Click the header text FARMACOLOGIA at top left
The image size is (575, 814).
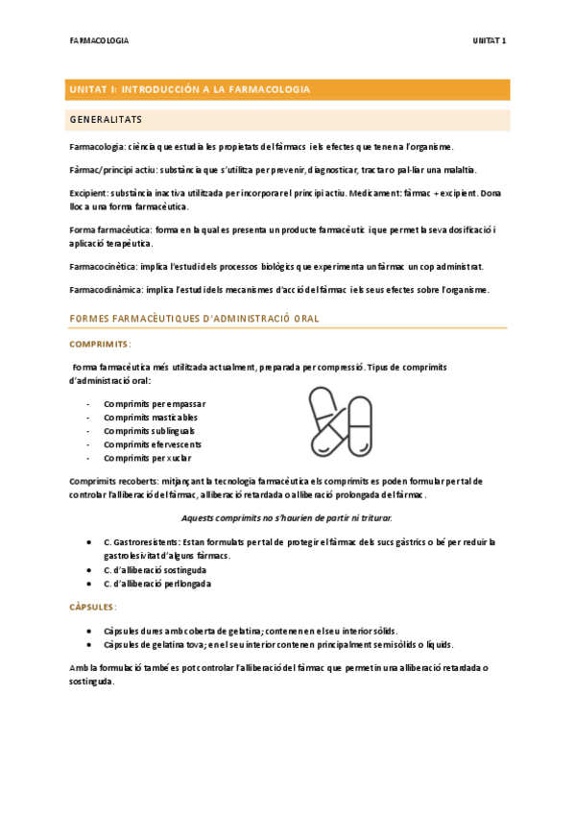pyautogui.click(x=99, y=41)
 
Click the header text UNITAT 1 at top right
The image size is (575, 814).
pyautogui.click(x=490, y=41)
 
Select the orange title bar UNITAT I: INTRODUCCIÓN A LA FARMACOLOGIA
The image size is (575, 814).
pyautogui.click(x=287, y=89)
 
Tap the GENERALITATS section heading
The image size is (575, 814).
pyautogui.click(x=107, y=120)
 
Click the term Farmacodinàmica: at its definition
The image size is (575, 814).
pyautogui.click(x=105, y=290)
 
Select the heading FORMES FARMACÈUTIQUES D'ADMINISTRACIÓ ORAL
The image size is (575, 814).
pyautogui.click(x=195, y=318)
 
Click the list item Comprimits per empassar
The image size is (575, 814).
pyautogui.click(x=154, y=403)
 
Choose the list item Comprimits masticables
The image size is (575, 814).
pyautogui.click(x=150, y=417)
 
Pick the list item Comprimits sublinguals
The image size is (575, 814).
pyautogui.click(x=149, y=431)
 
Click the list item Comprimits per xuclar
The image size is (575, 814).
pyautogui.click(x=146, y=458)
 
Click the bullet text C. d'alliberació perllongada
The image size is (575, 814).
pyautogui.click(x=157, y=584)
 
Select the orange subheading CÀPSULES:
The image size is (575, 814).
pyautogui.click(x=94, y=607)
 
